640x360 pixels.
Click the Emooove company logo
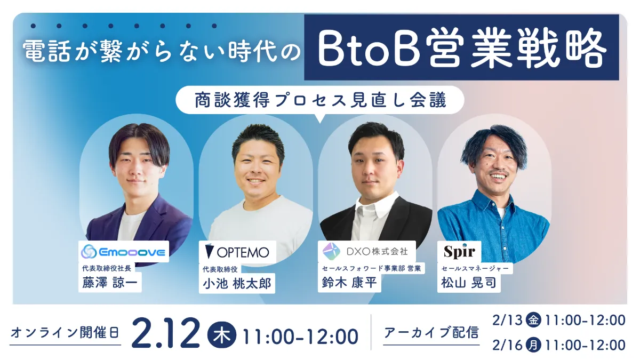(x=124, y=251)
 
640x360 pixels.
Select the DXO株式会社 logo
(x=365, y=250)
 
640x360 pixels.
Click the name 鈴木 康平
(x=349, y=283)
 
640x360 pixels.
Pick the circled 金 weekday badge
(x=532, y=320)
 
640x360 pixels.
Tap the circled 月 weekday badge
(x=532, y=345)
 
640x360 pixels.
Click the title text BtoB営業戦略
(x=461, y=48)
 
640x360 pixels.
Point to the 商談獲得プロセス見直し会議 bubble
(x=319, y=100)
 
